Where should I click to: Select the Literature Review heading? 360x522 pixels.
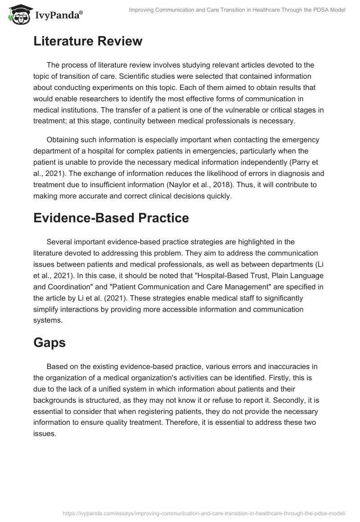[88, 41]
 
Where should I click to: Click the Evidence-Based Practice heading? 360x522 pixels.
[111, 218]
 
